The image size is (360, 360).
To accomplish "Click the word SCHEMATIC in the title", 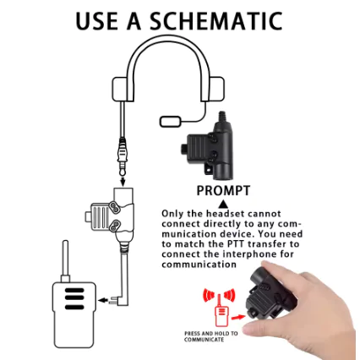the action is [215, 20].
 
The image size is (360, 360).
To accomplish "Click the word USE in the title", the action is [96, 20].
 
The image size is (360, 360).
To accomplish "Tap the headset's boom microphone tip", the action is [171, 122].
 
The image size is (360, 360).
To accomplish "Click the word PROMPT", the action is [223, 191].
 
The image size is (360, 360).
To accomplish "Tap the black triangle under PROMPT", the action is [223, 204].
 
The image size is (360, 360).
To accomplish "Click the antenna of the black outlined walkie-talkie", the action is [66, 260].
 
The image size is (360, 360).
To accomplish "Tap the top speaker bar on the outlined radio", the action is [74, 291].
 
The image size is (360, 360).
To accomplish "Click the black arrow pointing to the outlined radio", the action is [103, 300].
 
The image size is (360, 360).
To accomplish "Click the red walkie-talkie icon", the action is [221, 309].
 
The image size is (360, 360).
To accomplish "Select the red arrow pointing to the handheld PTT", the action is [238, 318].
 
